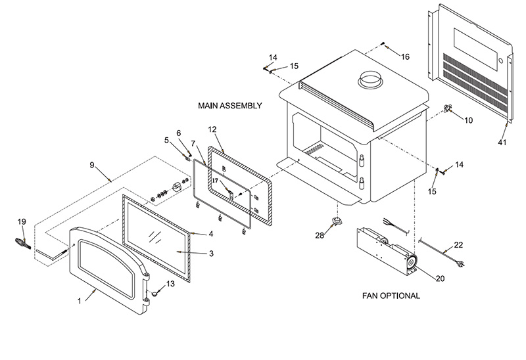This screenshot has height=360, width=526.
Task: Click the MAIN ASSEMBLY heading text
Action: pyautogui.click(x=229, y=105)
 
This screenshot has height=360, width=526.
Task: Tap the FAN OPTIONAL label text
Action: pyautogui.click(x=391, y=296)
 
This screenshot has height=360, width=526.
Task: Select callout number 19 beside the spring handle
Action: pyautogui.click(x=21, y=222)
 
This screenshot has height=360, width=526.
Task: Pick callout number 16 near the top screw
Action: pyautogui.click(x=405, y=57)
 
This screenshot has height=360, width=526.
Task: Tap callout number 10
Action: pyautogui.click(x=469, y=120)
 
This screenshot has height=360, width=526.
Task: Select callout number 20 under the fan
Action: pyautogui.click(x=440, y=279)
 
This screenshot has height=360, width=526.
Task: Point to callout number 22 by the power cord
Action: pyautogui.click(x=459, y=245)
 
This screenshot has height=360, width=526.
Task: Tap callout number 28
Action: pyautogui.click(x=319, y=235)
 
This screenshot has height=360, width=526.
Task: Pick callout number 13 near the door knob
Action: pyautogui.click(x=171, y=284)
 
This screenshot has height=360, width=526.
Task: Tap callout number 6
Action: pyautogui.click(x=178, y=133)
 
